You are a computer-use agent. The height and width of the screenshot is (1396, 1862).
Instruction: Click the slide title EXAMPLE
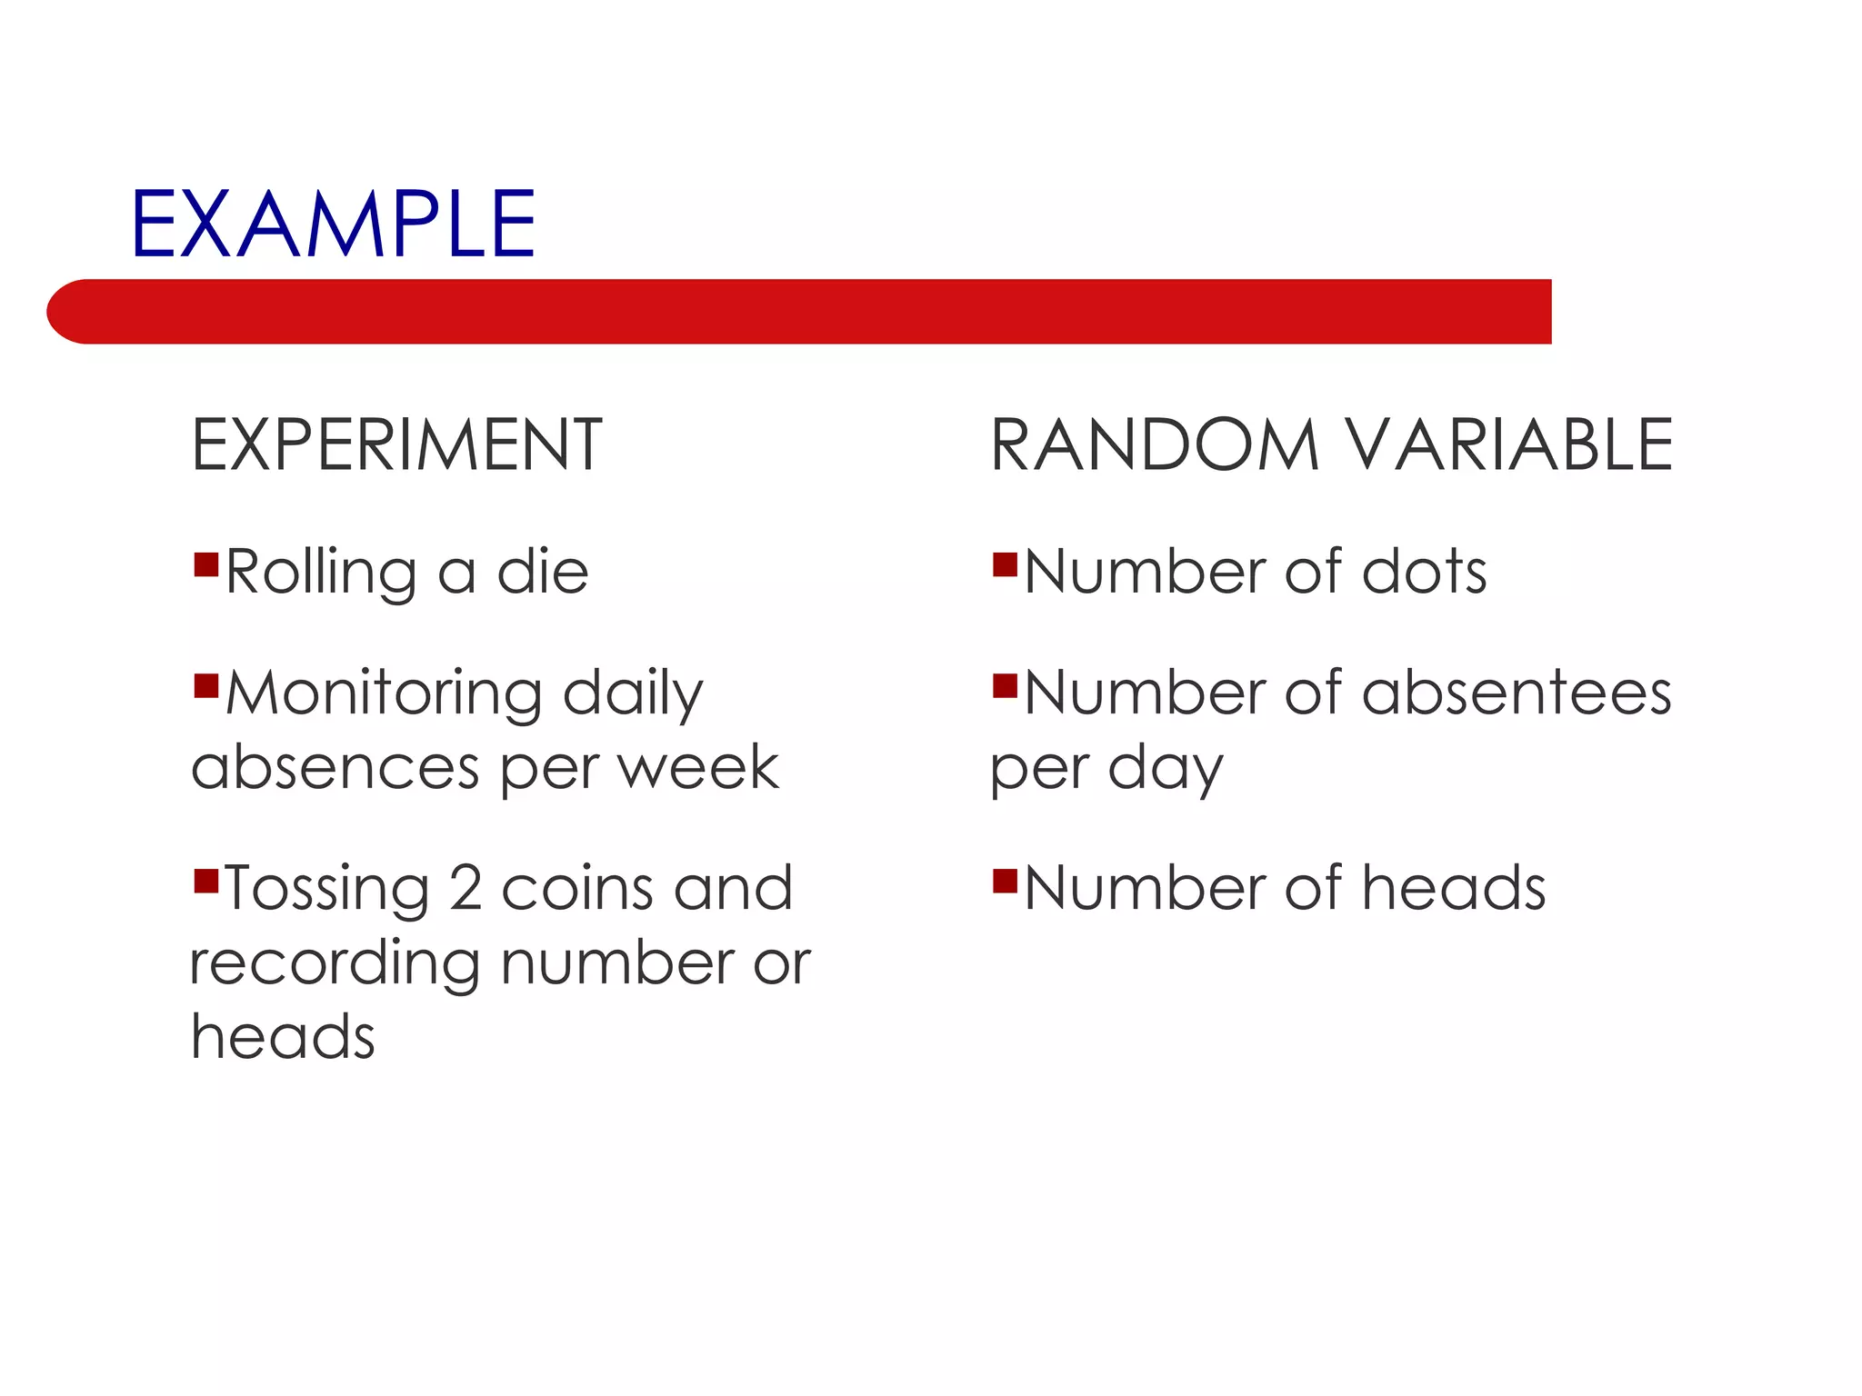[x=333, y=224]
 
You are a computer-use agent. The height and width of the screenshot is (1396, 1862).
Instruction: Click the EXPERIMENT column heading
[x=396, y=445]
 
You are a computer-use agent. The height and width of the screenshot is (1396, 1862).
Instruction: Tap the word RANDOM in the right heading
[x=1154, y=445]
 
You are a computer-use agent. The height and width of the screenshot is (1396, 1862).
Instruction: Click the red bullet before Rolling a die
[x=206, y=565]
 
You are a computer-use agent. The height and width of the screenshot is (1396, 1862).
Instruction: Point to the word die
[x=543, y=573]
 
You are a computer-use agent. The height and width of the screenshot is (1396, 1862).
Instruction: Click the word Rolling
[x=321, y=573]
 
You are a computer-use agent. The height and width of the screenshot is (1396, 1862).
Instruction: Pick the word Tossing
[x=326, y=889]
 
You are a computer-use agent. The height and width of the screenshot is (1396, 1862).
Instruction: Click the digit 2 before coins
[x=465, y=889]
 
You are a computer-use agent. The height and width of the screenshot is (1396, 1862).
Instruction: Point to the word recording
[x=335, y=963]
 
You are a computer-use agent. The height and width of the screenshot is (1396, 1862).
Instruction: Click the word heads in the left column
[x=283, y=1037]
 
